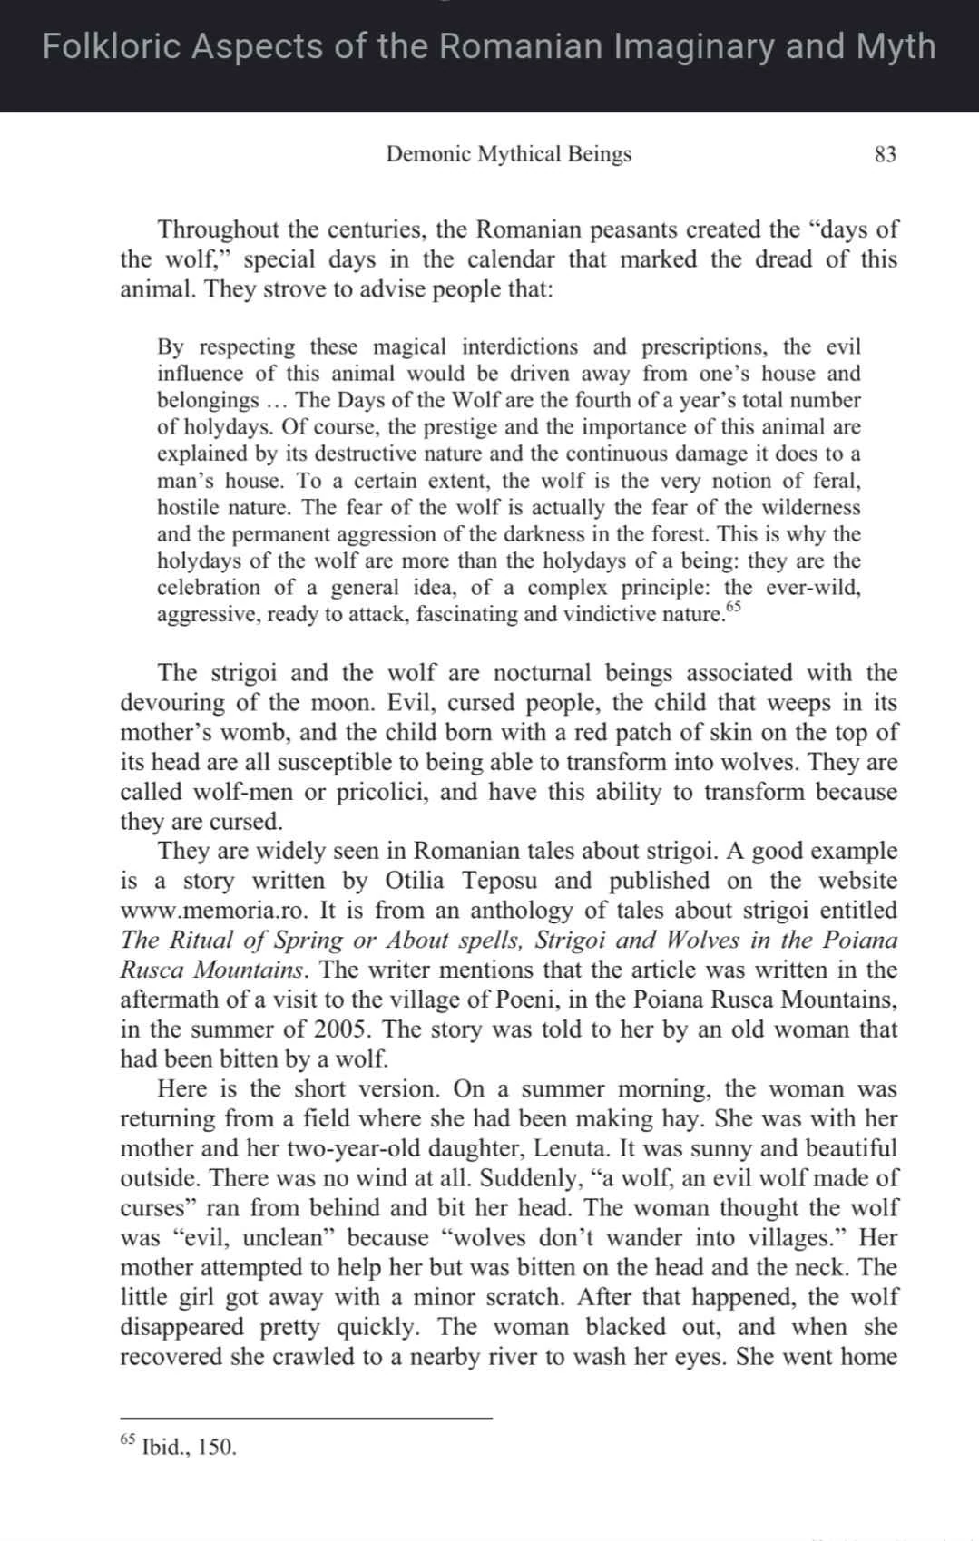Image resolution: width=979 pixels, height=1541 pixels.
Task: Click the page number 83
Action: (x=885, y=154)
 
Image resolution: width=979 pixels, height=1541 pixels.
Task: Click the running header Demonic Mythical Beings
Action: (x=508, y=154)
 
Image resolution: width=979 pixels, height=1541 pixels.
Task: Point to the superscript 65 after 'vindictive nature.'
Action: (x=733, y=607)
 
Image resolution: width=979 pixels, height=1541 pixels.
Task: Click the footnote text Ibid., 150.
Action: (x=190, y=1447)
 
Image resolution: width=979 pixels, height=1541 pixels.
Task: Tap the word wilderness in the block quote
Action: (x=806, y=508)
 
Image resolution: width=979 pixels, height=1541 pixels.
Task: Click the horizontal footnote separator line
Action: (x=306, y=1418)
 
